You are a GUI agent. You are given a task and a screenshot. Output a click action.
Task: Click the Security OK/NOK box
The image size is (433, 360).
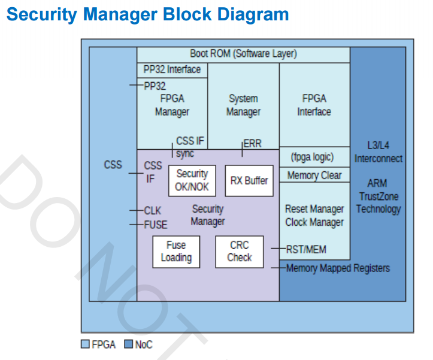click(192, 180)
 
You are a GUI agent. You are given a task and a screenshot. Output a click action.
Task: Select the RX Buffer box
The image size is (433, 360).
click(249, 180)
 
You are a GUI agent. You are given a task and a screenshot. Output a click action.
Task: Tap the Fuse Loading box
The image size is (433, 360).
click(175, 252)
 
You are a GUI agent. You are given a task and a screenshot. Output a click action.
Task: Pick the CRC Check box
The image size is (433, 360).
click(239, 252)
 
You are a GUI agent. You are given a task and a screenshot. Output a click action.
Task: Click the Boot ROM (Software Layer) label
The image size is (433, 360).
click(243, 54)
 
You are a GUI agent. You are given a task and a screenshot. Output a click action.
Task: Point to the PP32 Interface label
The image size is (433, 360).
click(172, 69)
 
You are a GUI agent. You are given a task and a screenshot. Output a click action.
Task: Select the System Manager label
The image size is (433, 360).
click(243, 105)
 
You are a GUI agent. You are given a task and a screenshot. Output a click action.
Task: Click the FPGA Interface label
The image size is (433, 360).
click(314, 105)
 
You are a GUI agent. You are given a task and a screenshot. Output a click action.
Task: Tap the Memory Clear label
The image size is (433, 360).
click(314, 176)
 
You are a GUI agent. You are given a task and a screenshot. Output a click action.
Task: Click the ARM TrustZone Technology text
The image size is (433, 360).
click(379, 196)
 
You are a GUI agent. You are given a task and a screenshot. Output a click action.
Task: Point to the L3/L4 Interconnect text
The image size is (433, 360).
click(379, 152)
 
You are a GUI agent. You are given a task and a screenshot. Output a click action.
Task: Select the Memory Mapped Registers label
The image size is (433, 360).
click(338, 268)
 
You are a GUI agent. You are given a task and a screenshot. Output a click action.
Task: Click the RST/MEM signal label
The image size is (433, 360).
click(306, 249)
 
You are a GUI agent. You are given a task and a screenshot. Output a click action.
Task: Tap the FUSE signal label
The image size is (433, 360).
click(156, 225)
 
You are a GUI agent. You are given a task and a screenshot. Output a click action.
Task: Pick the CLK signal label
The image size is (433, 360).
click(153, 211)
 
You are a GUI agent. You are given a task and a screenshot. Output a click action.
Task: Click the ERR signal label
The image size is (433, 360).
click(252, 144)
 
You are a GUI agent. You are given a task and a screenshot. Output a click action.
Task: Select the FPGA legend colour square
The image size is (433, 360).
click(84, 344)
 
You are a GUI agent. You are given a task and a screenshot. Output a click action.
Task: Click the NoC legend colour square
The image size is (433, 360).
click(128, 344)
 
